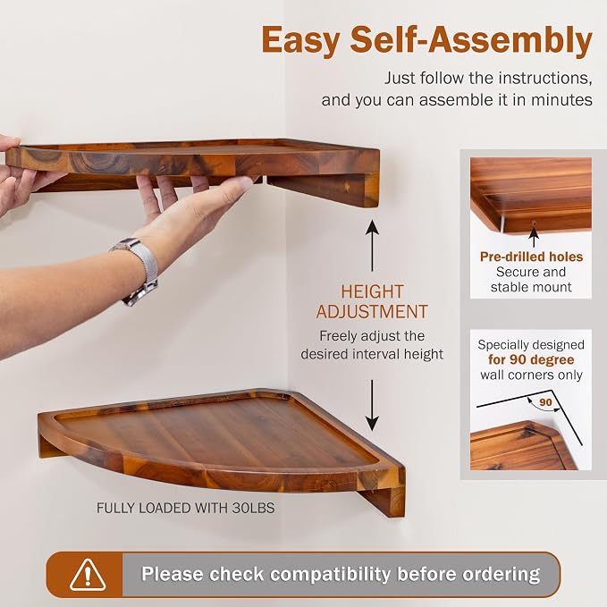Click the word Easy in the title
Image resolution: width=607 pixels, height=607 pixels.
tap(300, 41)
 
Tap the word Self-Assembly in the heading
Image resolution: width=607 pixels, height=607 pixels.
tap(471, 40)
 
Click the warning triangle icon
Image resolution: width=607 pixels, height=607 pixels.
tap(88, 575)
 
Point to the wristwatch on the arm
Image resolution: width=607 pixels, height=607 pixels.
tap(137, 270)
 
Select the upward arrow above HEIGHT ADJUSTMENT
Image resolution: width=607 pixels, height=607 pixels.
tap(373, 246)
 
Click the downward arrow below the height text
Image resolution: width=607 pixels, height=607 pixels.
tap(372, 405)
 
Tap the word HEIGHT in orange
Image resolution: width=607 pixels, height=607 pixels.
tap(372, 292)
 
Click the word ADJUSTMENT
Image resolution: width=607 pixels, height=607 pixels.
tap(372, 312)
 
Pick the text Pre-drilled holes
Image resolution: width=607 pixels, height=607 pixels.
tap(531, 257)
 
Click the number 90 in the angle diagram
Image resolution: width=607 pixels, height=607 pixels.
tap(545, 402)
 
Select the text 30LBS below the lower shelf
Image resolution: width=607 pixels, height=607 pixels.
tap(253, 508)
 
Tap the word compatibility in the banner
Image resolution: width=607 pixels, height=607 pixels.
tap(330, 574)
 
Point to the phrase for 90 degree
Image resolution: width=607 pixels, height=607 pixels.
tap(531, 359)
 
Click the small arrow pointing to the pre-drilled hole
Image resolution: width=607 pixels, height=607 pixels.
tap(535, 237)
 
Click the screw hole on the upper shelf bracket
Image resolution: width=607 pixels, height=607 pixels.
tap(347, 187)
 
